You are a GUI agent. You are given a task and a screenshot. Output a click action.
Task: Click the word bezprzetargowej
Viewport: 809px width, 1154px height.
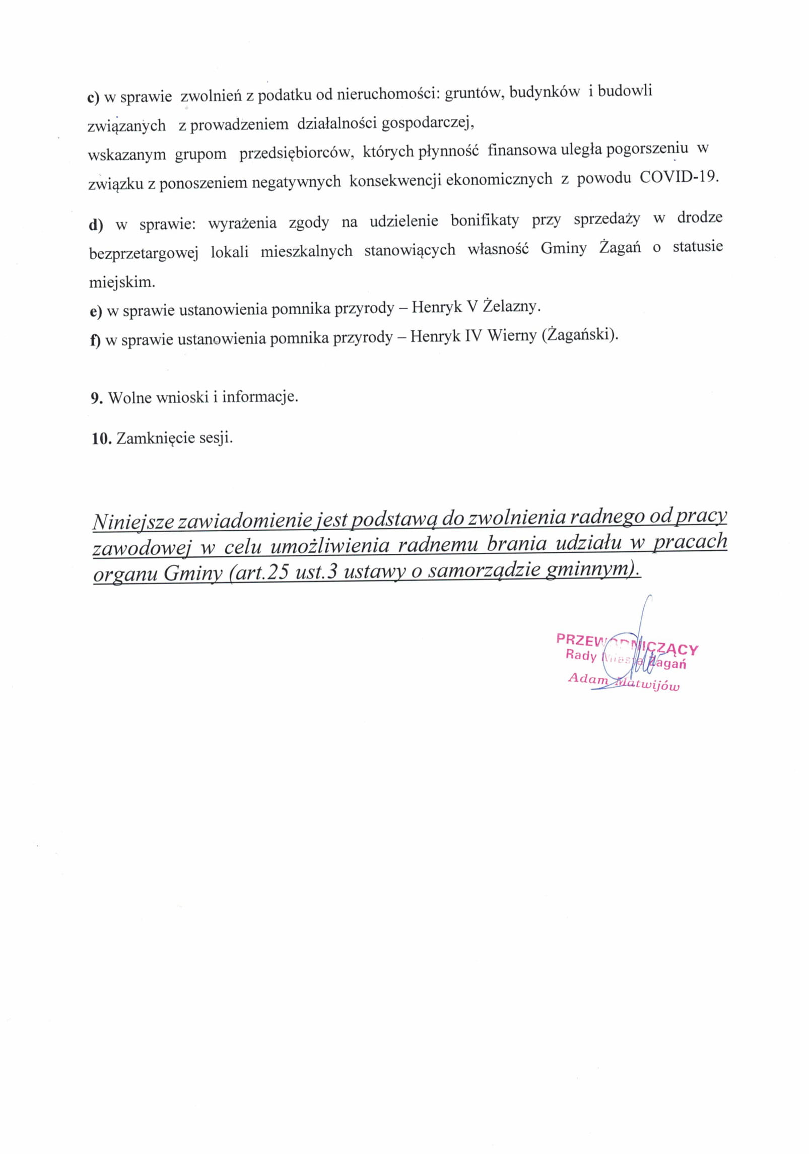pos(144,253)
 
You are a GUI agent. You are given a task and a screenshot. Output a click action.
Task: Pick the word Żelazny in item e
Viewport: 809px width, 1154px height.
pos(511,307)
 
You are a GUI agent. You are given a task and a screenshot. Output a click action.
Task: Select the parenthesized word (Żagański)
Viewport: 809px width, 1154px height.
pos(580,334)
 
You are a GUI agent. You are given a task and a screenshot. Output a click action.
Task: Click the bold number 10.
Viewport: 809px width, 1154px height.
pos(101,439)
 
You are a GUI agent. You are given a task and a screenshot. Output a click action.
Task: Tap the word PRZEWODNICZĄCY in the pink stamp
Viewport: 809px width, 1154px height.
pos(627,644)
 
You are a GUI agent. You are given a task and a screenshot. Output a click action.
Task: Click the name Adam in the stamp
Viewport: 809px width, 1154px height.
pos(588,678)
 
